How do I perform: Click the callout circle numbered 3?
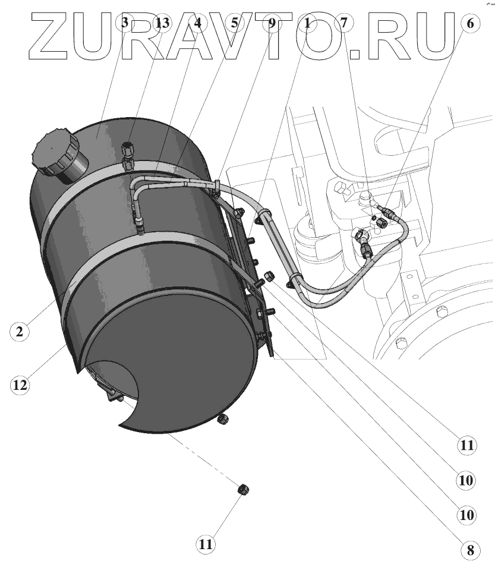point(124,24)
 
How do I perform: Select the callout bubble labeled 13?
point(162,24)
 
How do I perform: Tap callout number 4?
point(197,24)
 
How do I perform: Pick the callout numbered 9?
point(272,24)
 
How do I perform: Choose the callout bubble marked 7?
point(343,24)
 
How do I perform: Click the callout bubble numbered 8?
point(470,550)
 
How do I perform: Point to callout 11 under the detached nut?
point(205,543)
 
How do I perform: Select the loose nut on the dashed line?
point(243,490)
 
